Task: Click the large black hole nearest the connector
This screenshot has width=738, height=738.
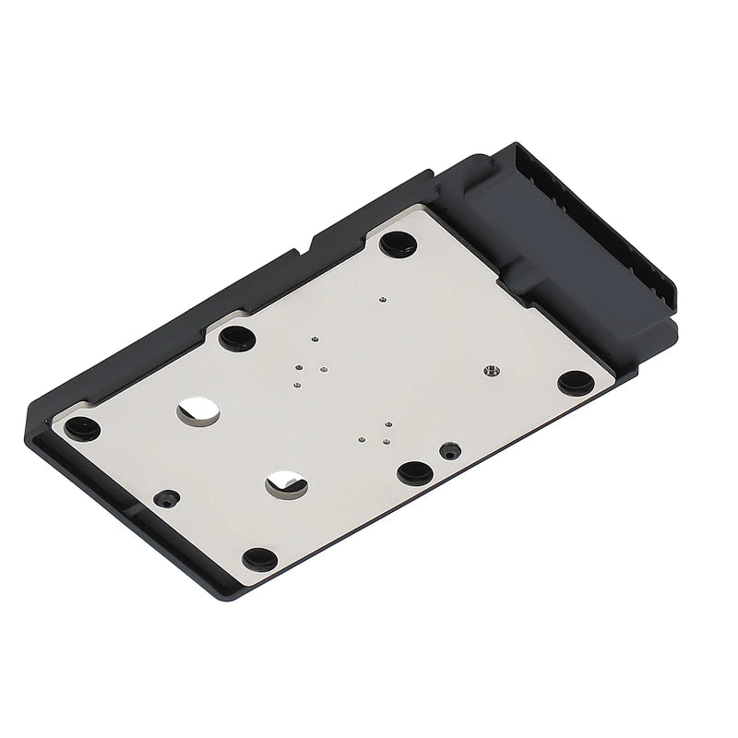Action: click(398, 244)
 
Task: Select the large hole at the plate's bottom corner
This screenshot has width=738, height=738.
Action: click(260, 558)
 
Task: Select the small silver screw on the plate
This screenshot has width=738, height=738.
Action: click(490, 371)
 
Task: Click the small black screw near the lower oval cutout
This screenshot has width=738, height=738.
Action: click(165, 496)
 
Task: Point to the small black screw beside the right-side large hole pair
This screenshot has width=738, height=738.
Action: click(450, 451)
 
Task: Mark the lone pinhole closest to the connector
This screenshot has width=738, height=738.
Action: click(383, 299)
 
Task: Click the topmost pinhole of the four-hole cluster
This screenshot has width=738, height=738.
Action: click(315, 339)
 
